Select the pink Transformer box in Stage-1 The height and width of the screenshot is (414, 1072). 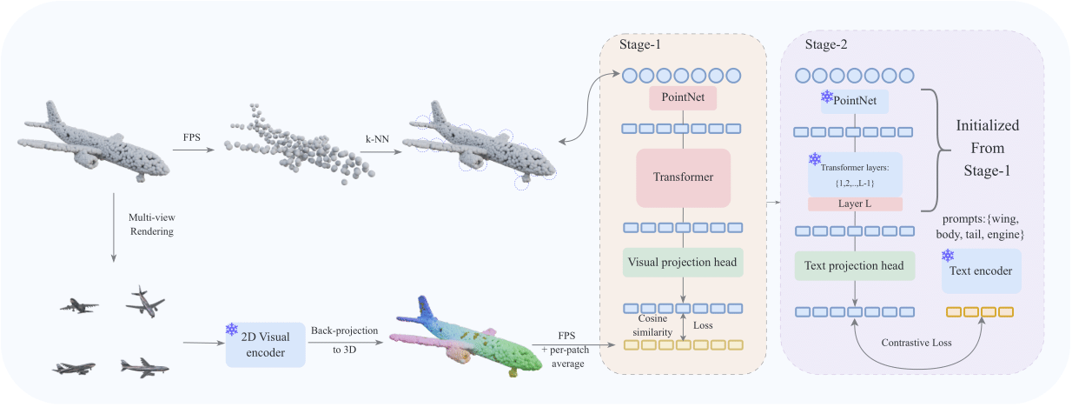point(683,177)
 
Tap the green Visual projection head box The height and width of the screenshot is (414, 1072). point(684,263)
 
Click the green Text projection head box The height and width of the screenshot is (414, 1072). point(855,266)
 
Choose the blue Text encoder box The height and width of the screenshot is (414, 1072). point(981,271)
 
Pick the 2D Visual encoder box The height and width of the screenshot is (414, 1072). point(265,340)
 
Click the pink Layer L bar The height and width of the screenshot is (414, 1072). point(856,204)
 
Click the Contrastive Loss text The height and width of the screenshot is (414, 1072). point(917,342)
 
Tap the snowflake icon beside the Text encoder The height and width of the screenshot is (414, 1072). point(949,256)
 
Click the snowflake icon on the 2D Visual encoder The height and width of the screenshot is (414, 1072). point(232,329)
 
